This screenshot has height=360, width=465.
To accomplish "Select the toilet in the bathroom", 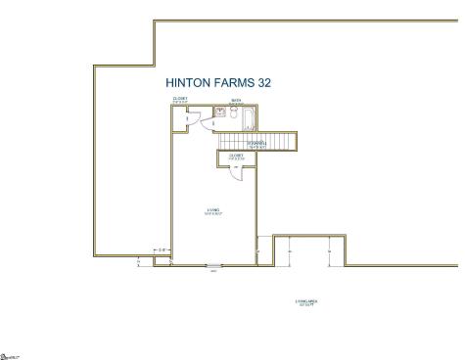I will pos(209,112).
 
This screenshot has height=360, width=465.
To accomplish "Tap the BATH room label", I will pos(236,101).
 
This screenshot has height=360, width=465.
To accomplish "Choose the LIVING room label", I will pos(213,210).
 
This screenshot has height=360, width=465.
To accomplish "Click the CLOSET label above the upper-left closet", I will pos(181,99).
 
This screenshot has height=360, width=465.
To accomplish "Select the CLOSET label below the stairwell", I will pos(236,157).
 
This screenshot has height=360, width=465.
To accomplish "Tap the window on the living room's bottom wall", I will pos(213,264).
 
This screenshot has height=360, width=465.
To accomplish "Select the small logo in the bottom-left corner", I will pos(9,355).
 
